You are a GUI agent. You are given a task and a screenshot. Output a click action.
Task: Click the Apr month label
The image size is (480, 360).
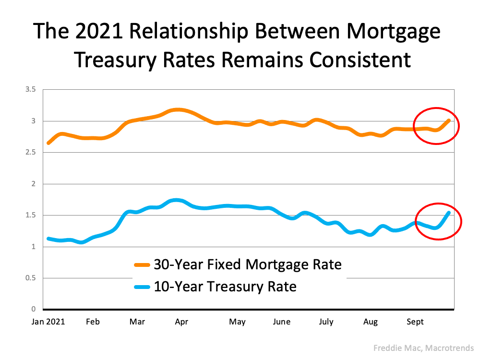pyautogui.click(x=181, y=322)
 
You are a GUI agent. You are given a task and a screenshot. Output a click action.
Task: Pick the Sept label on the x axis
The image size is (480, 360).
pyautogui.click(x=415, y=322)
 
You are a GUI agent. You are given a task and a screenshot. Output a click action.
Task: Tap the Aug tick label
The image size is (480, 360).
pyautogui.click(x=371, y=322)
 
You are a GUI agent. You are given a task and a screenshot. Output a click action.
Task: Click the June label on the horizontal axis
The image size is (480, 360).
pyautogui.click(x=281, y=322)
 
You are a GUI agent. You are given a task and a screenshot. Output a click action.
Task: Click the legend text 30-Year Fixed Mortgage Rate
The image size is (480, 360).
pyautogui.click(x=247, y=264)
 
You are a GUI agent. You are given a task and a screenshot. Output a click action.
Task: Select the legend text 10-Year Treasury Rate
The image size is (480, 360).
pyautogui.click(x=225, y=287)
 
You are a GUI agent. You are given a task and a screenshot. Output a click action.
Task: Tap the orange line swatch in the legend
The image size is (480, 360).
pyautogui.click(x=142, y=264)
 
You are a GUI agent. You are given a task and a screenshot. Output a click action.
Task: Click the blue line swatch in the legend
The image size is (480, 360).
pyautogui.click(x=142, y=288)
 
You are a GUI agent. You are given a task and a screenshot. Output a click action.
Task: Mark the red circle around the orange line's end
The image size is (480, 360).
pyautogui.click(x=436, y=126)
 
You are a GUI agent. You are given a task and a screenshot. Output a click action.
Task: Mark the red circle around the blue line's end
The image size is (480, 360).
pyautogui.click(x=438, y=221)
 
